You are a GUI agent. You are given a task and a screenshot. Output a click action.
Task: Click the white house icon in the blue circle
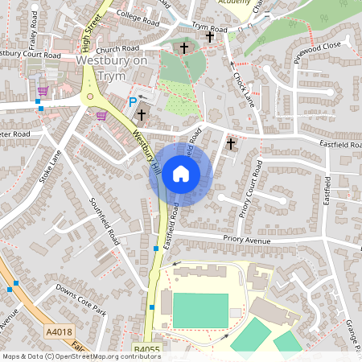pyautogui.click(x=181, y=173)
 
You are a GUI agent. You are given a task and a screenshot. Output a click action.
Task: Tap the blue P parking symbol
pyautogui.click(x=133, y=102)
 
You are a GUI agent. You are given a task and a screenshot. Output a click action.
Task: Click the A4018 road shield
pyautogui.click(x=58, y=331)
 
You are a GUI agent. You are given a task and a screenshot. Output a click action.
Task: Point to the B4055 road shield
pyautogui.click(x=146, y=350)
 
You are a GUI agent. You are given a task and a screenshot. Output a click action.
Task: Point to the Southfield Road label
pyautogui.click(x=104, y=221)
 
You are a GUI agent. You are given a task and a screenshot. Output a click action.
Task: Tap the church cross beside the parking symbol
pyautogui.click(x=142, y=115)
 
